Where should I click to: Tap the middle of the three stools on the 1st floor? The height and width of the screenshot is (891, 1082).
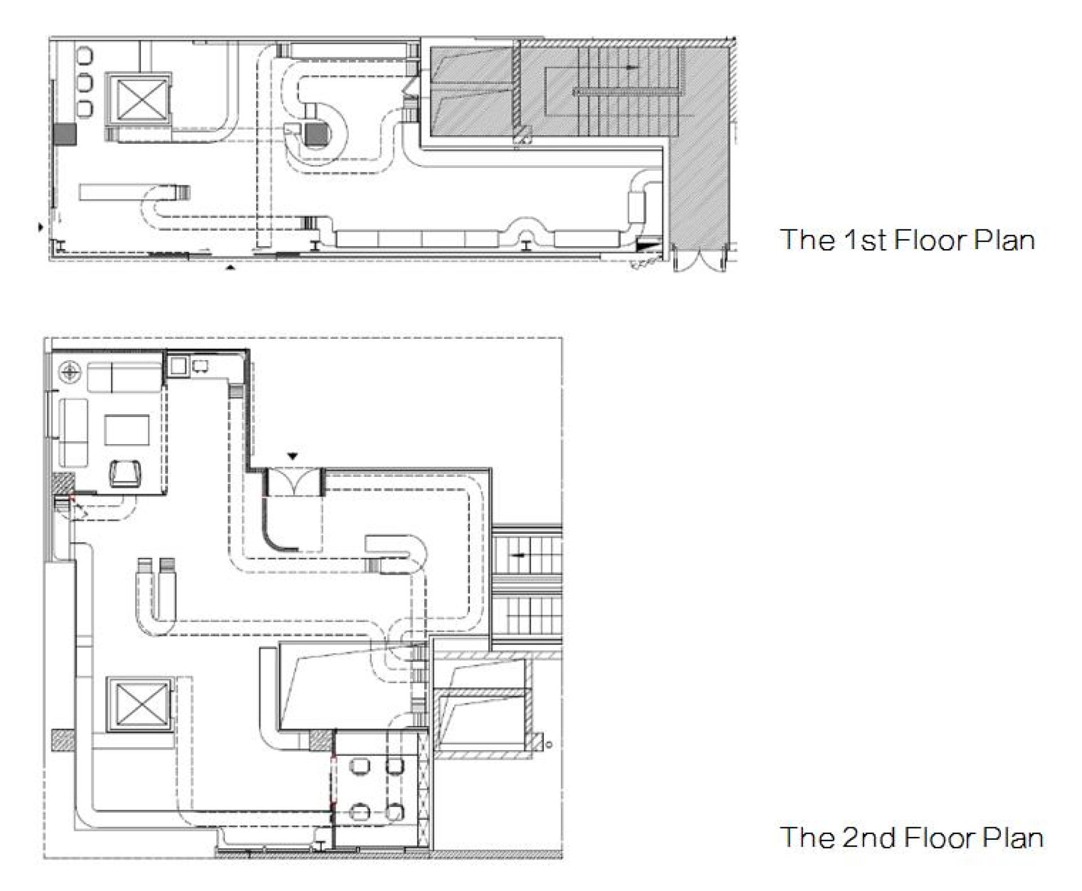[86, 82]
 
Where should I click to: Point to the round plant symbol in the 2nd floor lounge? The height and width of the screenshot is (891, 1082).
[70, 372]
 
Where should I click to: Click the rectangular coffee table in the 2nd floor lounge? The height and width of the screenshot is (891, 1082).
[127, 431]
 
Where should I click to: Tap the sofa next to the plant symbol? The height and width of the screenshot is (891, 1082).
[125, 378]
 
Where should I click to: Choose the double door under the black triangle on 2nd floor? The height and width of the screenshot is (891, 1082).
[294, 482]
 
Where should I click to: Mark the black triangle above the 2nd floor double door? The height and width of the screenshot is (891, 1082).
[292, 456]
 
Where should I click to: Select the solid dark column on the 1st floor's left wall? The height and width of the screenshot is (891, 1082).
[65, 135]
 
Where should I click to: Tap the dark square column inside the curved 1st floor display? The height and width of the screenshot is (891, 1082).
[316, 134]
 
